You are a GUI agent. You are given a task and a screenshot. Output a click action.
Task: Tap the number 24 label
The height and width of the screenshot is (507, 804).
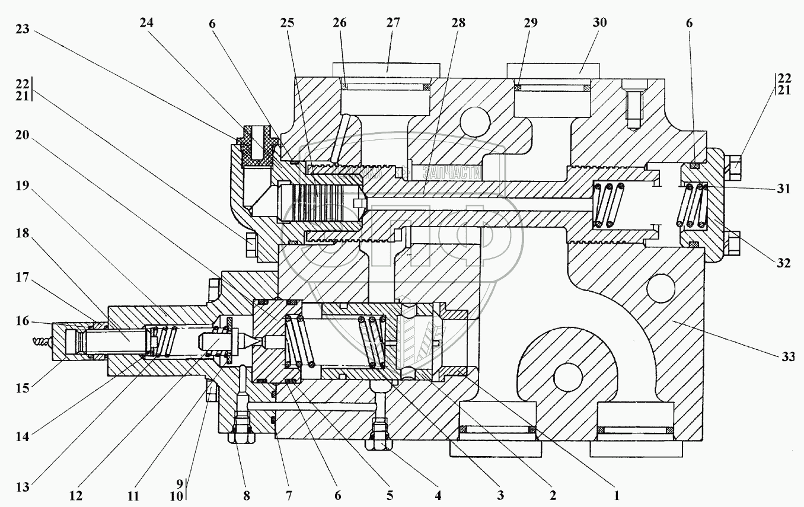click(x=146, y=24)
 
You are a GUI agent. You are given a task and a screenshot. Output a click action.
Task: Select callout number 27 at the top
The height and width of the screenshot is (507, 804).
click(x=393, y=24)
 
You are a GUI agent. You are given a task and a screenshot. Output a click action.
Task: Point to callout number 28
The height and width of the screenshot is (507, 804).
click(x=458, y=24)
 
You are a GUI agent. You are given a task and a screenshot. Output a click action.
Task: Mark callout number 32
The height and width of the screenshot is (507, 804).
click(x=784, y=263)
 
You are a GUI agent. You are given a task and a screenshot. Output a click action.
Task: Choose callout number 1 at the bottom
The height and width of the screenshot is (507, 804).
click(x=617, y=494)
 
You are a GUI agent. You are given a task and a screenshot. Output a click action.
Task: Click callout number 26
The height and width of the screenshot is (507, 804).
click(x=340, y=24)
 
